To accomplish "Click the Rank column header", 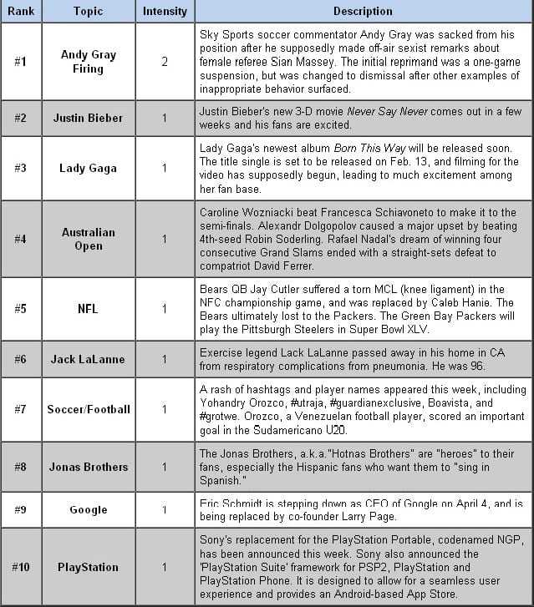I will pyautogui.click(x=21, y=12).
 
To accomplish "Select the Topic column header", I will pyautogui.click(x=88, y=12).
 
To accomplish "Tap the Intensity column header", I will pyautogui.click(x=164, y=12).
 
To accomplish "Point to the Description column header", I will pyautogui.click(x=363, y=12).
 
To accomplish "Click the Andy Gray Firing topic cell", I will pyautogui.click(x=88, y=61).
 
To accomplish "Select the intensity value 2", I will pyautogui.click(x=165, y=62).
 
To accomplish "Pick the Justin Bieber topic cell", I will pyautogui.click(x=88, y=118).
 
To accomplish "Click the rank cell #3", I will pyautogui.click(x=21, y=168).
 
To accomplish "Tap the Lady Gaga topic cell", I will pyautogui.click(x=88, y=168).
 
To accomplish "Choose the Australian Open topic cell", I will pyautogui.click(x=88, y=239).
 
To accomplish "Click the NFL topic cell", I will pyautogui.click(x=88, y=309).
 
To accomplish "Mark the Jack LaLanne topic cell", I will pyautogui.click(x=88, y=359).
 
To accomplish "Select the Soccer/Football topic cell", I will pyautogui.click(x=88, y=409).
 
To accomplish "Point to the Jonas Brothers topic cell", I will pyautogui.click(x=88, y=467).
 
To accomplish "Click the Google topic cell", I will pyautogui.click(x=88, y=509).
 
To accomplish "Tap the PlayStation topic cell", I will pyautogui.click(x=88, y=567).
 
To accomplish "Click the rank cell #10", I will pyautogui.click(x=21, y=567).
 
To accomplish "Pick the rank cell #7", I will pyautogui.click(x=21, y=409).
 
